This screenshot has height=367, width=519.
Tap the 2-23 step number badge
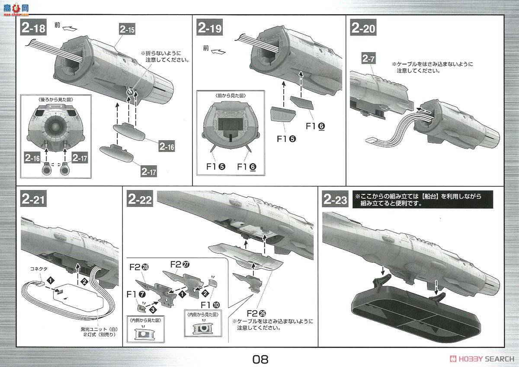coord(335,200)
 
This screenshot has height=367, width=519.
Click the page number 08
coord(261,359)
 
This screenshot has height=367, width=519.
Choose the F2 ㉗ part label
coord(181,263)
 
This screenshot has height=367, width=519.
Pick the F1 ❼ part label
coord(135,294)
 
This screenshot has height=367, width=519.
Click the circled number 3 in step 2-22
coord(152,310)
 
